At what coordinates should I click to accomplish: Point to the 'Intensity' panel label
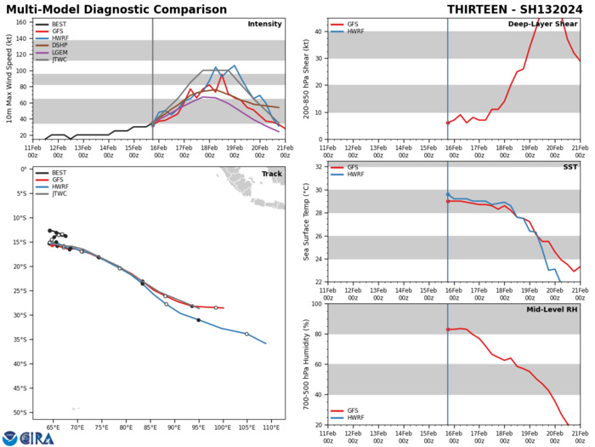tap(264, 25)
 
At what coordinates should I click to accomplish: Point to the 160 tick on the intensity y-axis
tap(23, 21)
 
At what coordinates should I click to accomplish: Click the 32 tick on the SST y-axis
tap(319, 190)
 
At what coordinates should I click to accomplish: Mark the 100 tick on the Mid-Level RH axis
tap(316, 304)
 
